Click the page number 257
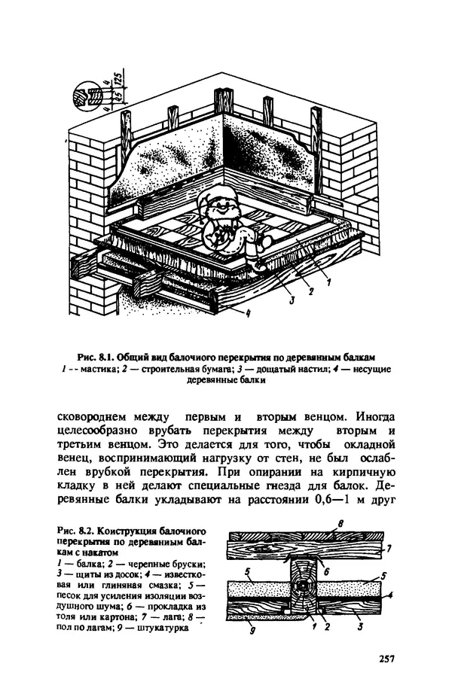pos(386,659)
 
